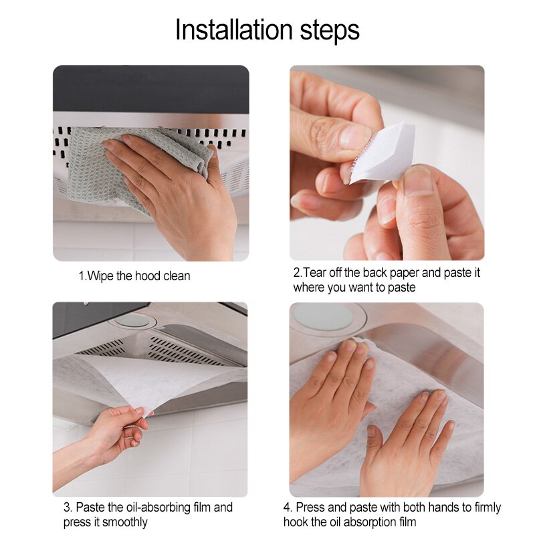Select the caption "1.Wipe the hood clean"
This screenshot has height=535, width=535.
click(134, 276)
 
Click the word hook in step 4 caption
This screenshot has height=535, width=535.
click(296, 522)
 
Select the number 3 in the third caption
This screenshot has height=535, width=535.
click(66, 508)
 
